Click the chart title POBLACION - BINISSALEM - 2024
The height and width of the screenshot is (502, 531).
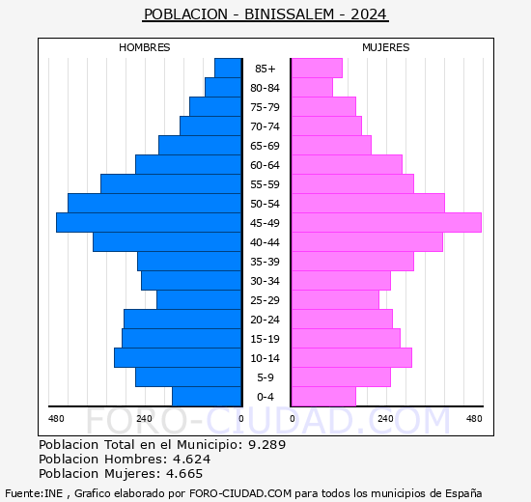(265, 14)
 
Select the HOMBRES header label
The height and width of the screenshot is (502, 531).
(145, 47)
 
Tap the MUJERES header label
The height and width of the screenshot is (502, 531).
(385, 47)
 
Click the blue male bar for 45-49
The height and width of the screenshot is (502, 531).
(149, 223)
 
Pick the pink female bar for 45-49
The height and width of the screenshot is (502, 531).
(385, 223)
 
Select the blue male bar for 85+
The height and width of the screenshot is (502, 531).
(228, 69)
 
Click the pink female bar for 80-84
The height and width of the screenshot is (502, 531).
(312, 88)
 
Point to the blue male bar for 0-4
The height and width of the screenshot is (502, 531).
(207, 397)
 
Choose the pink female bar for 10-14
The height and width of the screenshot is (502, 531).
(351, 358)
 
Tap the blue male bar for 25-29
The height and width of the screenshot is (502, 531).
(199, 300)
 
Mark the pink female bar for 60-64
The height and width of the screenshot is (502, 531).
(347, 165)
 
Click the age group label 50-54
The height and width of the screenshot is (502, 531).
(265, 204)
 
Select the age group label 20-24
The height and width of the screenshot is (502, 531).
(265, 320)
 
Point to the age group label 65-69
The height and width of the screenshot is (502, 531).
(265, 146)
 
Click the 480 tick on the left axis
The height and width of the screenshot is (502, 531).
(56, 418)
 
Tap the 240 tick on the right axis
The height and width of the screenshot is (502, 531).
(385, 418)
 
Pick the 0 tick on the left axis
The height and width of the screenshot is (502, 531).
(241, 418)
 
